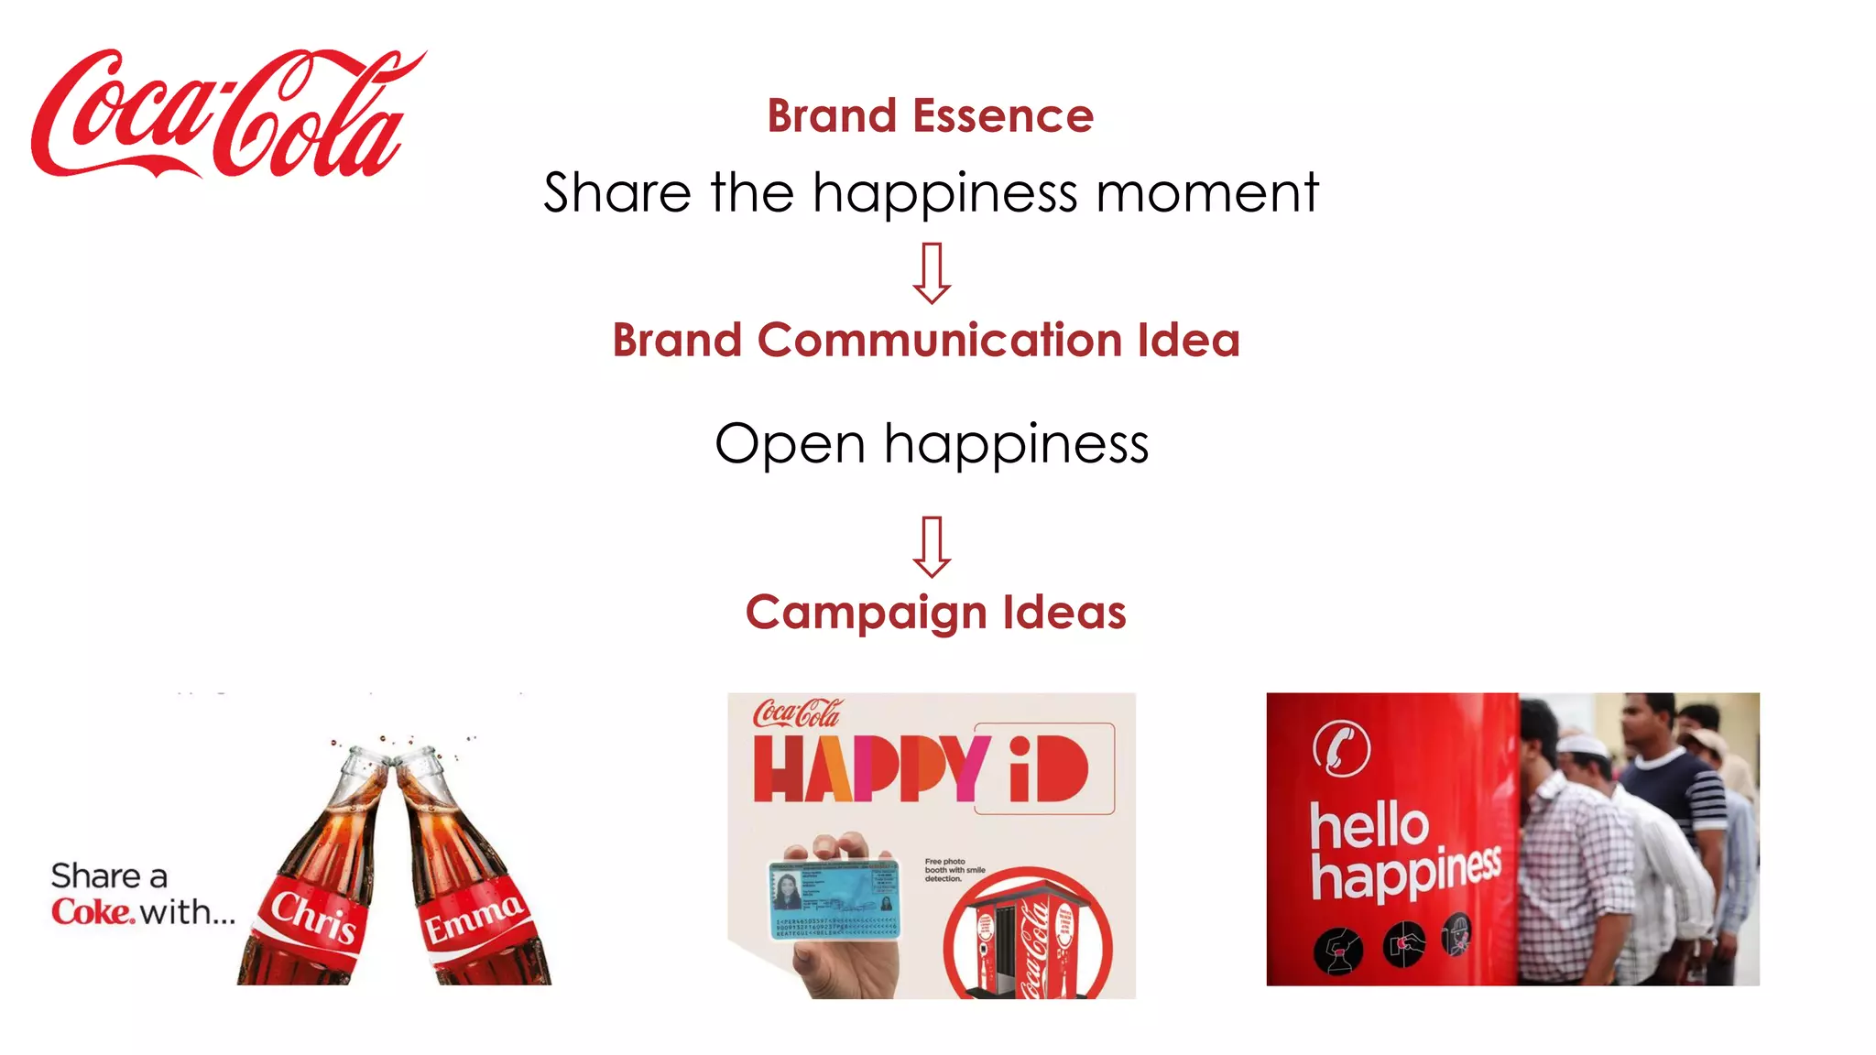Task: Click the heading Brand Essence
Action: coord(930,116)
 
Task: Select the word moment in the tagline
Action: coord(1206,193)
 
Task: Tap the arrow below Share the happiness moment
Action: coord(932,273)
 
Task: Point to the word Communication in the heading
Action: coord(940,341)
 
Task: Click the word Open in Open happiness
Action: coord(790,445)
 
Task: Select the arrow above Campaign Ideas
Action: coord(932,547)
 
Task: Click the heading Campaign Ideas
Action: coord(935,612)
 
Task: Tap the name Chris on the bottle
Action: coord(313,916)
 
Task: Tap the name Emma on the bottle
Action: coord(474,917)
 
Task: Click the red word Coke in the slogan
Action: coord(93,912)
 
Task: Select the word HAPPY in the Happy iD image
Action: coord(870,768)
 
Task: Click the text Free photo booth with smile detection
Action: coord(954,870)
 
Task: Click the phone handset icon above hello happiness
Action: coord(1341,748)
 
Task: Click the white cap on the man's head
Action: coord(1582,743)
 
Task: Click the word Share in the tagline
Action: coord(616,193)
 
